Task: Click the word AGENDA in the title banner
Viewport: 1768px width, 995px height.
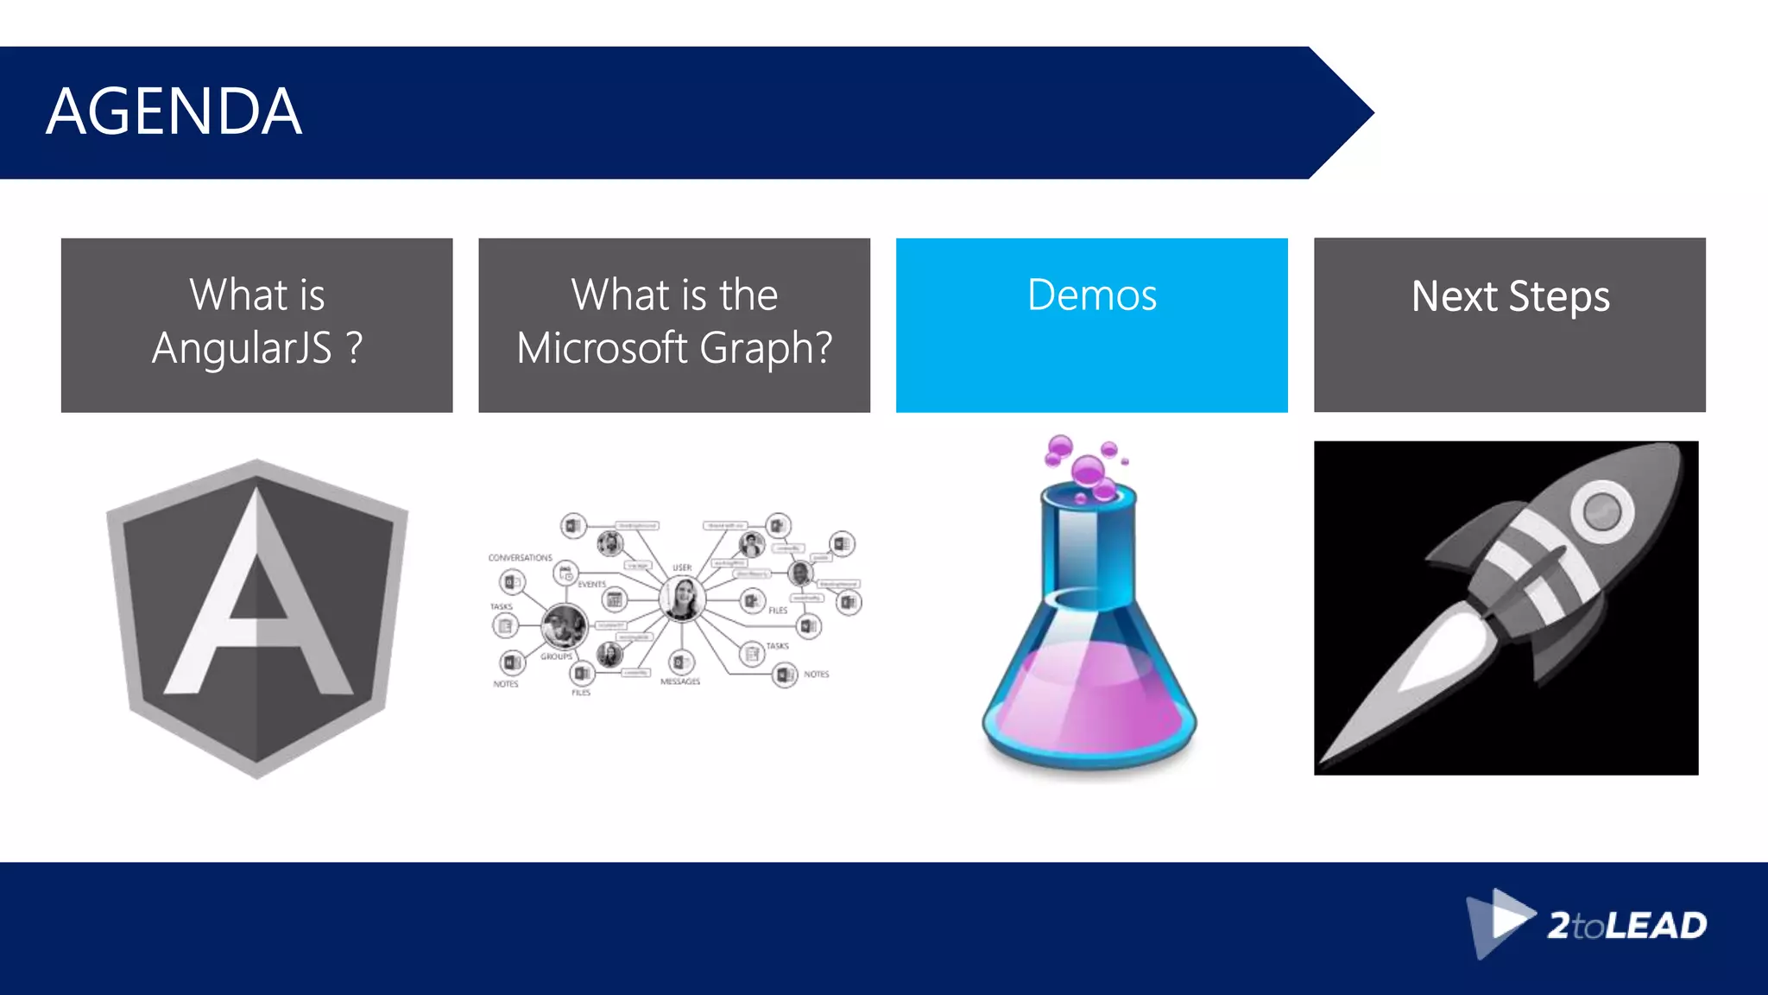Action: (174, 112)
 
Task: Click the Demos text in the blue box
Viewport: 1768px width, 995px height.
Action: (1091, 295)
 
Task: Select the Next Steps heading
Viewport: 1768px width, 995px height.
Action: (1510, 297)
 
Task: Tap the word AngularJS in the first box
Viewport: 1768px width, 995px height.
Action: (242, 348)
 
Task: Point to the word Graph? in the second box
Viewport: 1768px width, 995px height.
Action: (766, 348)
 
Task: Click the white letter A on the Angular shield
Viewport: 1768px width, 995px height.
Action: (257, 596)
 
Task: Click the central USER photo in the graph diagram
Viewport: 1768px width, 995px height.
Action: (681, 599)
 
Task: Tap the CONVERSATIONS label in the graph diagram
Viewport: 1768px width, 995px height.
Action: (520, 558)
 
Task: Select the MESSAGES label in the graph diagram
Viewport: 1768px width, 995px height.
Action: (680, 682)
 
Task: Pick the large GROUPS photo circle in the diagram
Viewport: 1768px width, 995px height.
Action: (564, 626)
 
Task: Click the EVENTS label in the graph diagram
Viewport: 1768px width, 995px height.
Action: (591, 585)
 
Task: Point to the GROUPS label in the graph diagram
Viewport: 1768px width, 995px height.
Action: (556, 656)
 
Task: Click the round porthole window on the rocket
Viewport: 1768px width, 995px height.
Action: (1601, 510)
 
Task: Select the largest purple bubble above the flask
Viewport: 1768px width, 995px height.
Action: (1087, 472)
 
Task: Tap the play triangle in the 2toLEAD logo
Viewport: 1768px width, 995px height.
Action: (1511, 917)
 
